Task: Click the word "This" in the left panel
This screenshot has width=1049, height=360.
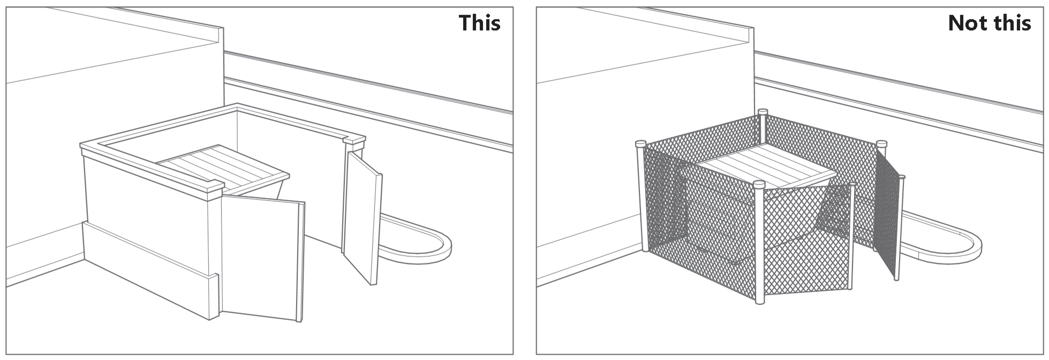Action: click(479, 23)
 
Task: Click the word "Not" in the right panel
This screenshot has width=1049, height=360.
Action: click(969, 23)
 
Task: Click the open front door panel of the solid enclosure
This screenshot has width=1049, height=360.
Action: click(262, 258)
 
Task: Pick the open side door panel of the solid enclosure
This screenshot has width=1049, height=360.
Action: click(363, 217)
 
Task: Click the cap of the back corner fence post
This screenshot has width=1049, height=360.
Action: click(763, 111)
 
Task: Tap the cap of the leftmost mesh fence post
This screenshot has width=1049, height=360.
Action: click(640, 144)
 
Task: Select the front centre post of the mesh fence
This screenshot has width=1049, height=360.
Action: click(759, 243)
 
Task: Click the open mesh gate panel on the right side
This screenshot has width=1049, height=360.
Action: click(888, 213)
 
